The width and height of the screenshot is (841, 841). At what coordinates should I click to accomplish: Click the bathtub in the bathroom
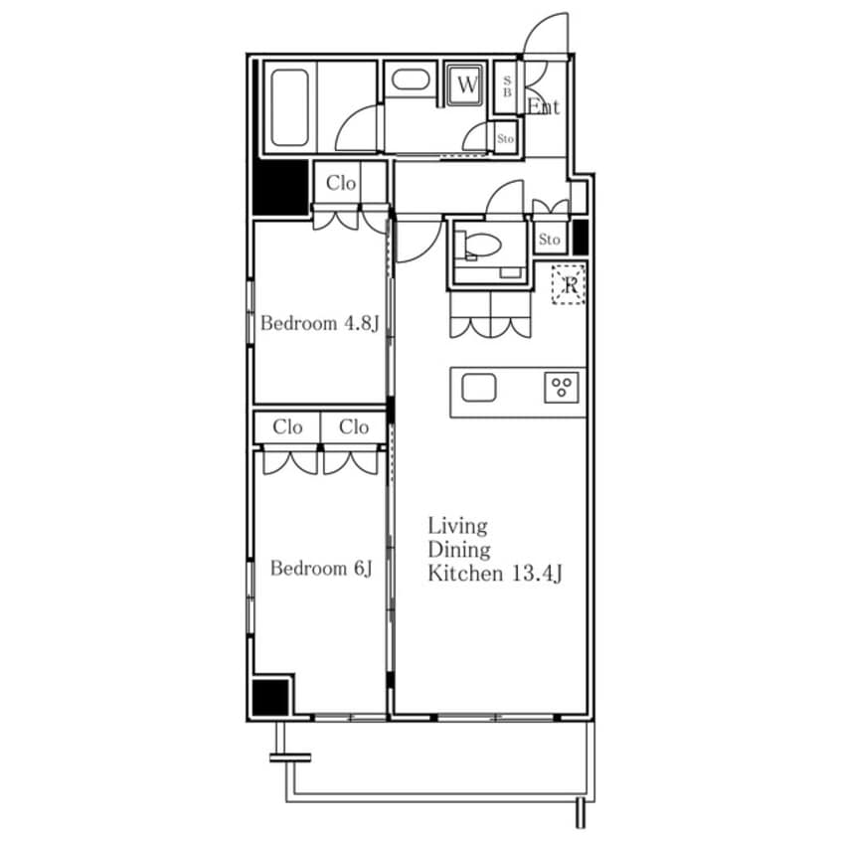tap(289, 107)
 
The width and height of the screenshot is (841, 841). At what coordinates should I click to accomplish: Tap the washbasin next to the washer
tap(411, 81)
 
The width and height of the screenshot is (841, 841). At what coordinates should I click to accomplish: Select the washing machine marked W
tap(466, 84)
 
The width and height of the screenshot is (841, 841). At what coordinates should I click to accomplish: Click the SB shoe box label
tap(507, 86)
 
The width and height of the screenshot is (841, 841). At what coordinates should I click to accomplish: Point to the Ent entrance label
tap(544, 106)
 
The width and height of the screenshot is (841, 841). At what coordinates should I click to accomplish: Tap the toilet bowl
tap(482, 246)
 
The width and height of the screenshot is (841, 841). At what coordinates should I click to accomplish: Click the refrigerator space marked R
tap(569, 284)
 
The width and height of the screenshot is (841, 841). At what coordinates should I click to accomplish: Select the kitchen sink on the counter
tap(478, 388)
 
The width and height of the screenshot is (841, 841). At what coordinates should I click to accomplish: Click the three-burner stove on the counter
tap(562, 388)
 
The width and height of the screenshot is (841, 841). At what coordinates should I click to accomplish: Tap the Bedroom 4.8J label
tap(320, 323)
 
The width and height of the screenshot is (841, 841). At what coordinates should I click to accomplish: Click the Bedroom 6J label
tap(321, 568)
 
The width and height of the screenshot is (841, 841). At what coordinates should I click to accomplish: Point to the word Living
tap(457, 526)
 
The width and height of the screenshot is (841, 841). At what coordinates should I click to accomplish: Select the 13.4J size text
tap(537, 574)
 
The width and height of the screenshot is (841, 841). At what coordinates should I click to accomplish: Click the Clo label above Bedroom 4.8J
tap(341, 183)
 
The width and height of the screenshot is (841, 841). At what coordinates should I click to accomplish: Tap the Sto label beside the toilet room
tap(549, 240)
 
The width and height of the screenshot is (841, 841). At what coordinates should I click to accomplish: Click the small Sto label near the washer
tap(505, 139)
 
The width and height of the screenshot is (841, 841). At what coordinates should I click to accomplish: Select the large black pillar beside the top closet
tap(280, 188)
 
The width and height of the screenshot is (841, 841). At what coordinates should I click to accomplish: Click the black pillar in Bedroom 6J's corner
tap(270, 697)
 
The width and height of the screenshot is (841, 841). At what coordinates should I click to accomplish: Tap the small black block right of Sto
tap(581, 237)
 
